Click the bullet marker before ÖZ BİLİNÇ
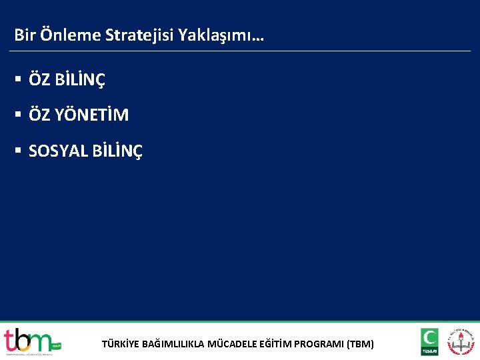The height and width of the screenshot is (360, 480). (x=18, y=80)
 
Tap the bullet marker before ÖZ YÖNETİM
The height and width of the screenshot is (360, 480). (x=18, y=115)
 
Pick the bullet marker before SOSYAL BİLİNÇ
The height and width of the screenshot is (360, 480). (x=18, y=151)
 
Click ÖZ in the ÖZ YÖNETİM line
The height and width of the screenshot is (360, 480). (x=39, y=115)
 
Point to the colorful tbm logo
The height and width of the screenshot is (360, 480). (x=30, y=341)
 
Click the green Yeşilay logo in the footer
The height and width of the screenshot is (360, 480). (x=429, y=341)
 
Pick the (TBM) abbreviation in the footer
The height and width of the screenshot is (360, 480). (x=361, y=345)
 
